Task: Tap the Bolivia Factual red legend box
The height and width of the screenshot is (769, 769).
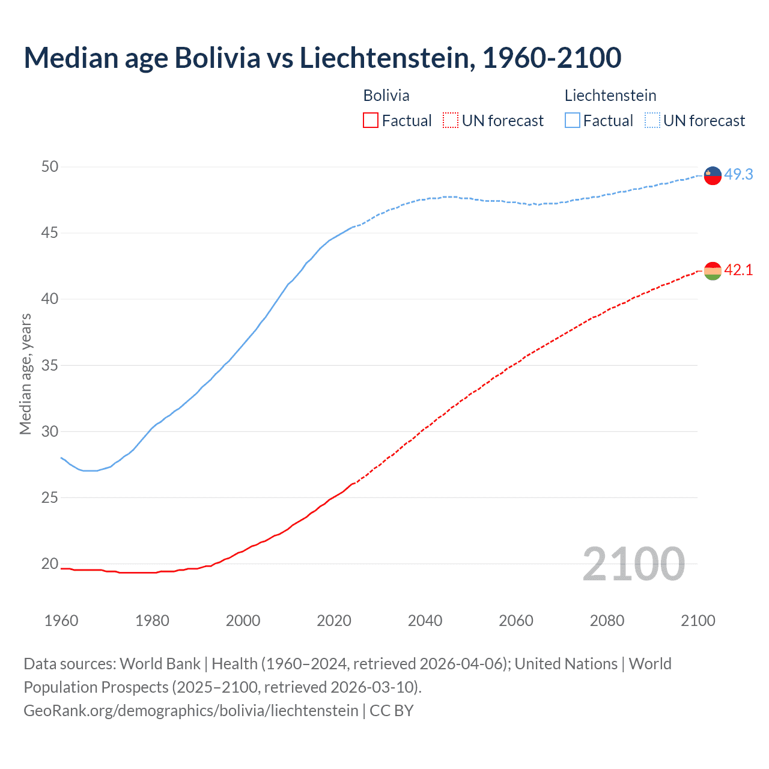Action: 371,121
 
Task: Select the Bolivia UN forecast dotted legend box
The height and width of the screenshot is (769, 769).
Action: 451,121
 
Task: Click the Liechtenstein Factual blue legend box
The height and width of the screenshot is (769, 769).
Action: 573,121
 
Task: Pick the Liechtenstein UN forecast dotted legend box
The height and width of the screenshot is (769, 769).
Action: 652,121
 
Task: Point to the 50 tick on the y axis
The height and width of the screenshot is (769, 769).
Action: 50,166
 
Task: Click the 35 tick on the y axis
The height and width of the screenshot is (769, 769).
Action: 50,365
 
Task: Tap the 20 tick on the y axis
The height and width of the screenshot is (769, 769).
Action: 50,564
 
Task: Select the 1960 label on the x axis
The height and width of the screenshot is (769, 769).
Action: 61,621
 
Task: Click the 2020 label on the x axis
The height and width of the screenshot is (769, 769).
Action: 334,621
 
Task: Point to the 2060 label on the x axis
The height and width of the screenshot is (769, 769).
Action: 516,621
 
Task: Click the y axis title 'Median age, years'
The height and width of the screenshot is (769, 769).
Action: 25,374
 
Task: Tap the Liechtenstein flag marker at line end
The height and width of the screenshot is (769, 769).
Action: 713,175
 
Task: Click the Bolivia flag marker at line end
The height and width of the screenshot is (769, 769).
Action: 713,272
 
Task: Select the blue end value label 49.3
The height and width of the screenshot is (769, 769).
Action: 738,175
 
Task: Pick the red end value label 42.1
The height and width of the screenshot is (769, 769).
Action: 738,270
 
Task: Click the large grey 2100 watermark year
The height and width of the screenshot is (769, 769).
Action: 633,564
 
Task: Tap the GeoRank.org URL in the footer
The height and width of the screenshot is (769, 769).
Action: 190,711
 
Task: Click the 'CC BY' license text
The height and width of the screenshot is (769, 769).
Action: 392,711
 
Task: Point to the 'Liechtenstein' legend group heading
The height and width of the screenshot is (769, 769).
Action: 610,96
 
